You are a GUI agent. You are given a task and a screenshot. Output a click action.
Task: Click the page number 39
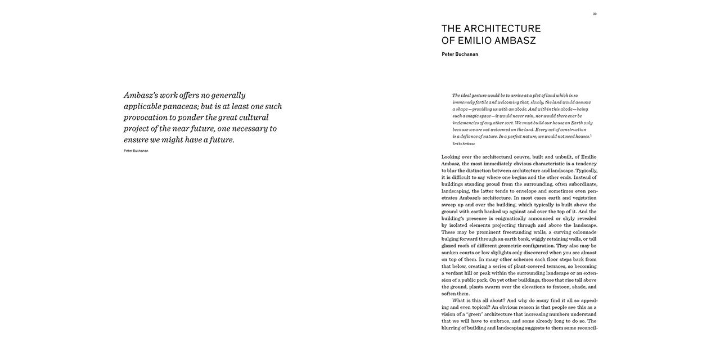595,14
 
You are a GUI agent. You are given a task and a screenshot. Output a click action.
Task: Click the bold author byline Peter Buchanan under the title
460,55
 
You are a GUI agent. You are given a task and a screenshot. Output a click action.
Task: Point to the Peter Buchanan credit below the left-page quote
136,151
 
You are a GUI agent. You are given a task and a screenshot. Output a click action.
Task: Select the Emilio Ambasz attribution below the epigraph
463,143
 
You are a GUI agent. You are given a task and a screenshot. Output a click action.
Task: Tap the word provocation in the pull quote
148,118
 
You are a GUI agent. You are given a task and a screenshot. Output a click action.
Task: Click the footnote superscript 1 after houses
591,135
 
